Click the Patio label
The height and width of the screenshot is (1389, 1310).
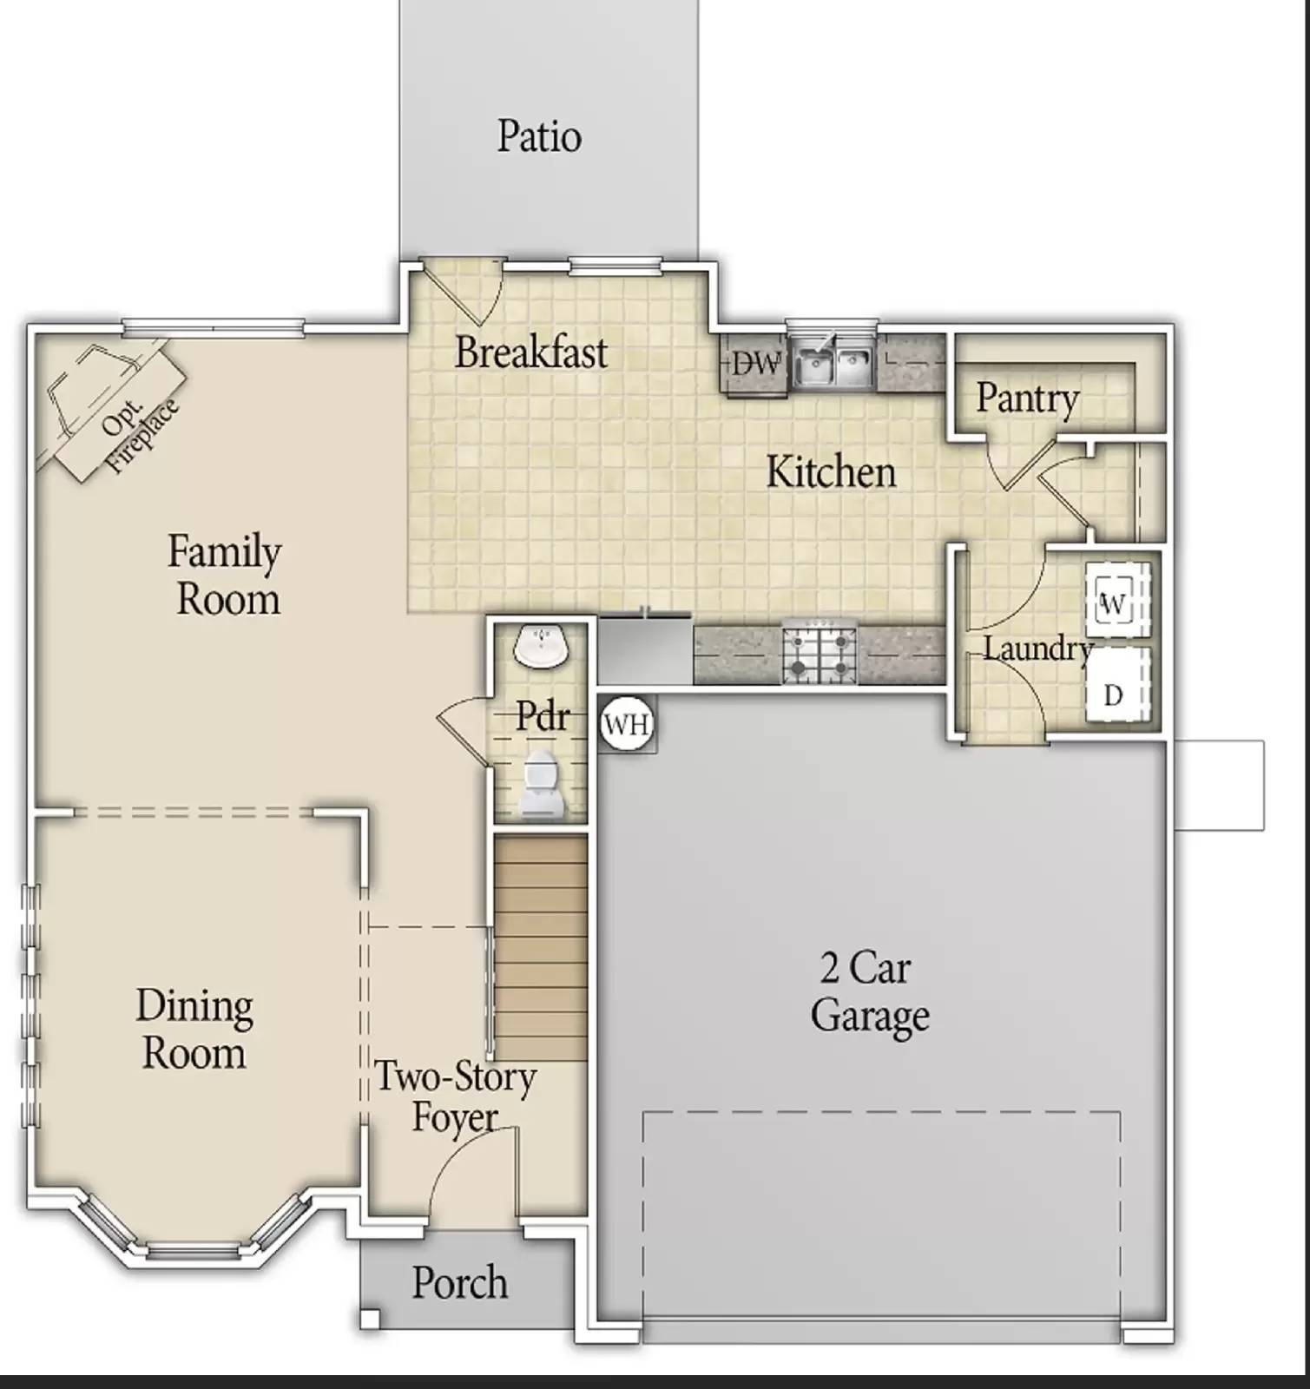[x=539, y=137]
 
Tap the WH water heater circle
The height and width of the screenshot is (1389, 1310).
[x=626, y=724]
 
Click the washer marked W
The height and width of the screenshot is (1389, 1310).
[x=1115, y=603]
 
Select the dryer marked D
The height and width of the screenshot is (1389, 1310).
[x=1115, y=694]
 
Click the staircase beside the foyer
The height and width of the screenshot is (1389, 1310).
[x=541, y=946]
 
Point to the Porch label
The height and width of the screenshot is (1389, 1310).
[x=459, y=1284]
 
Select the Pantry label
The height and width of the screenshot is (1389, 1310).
[x=1027, y=398]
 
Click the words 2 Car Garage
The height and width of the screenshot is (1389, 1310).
[x=869, y=992]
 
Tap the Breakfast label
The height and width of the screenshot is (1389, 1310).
[x=531, y=352]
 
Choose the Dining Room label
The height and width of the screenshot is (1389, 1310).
[x=194, y=1030]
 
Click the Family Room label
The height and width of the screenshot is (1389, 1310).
[x=226, y=576]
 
